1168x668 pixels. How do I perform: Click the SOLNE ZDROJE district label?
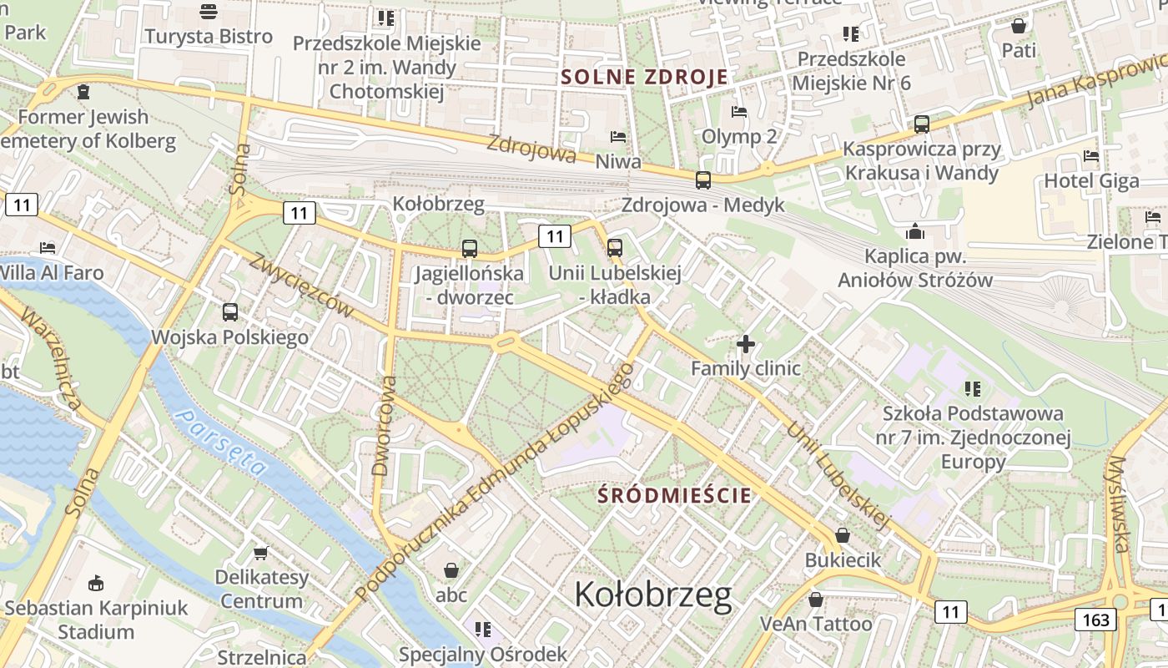coord(644,77)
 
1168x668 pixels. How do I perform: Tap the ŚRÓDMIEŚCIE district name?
coord(674,494)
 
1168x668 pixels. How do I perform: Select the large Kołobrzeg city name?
coord(653,595)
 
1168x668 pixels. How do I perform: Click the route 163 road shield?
coord(1095,619)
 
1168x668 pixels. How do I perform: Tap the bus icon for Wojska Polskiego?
coord(230,312)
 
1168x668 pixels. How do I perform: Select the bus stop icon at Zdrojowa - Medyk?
coord(703,180)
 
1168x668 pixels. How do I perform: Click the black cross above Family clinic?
coord(746,343)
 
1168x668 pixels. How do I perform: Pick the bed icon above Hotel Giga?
coord(1090,155)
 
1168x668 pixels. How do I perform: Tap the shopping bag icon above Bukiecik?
coord(843,535)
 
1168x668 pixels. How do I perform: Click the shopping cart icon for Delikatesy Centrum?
coord(261,553)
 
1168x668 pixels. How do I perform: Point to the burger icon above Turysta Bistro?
coord(208,12)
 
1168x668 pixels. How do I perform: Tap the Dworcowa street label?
coord(385,426)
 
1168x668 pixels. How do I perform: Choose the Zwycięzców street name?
coord(301,284)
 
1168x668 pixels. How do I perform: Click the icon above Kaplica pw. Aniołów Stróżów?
coord(915,230)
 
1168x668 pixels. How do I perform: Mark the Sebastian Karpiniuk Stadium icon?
coord(96,583)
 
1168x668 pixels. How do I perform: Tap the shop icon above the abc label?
coord(451,570)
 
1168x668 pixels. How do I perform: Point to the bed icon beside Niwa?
coord(618,136)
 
